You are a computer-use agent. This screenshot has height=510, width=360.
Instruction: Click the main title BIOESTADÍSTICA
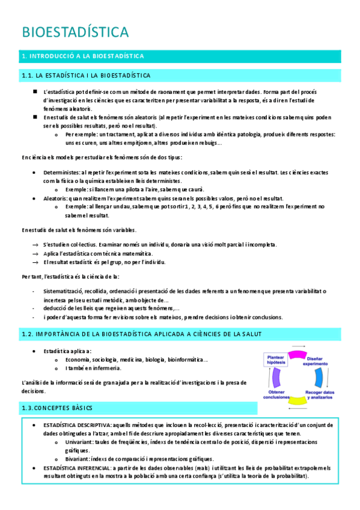pos(75,31)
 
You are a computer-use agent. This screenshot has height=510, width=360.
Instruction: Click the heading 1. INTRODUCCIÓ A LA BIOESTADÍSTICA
pos(82,57)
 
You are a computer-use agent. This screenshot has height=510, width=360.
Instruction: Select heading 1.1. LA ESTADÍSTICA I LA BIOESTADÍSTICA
pos(86,75)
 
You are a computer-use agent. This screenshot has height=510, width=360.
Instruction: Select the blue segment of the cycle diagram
pos(319,378)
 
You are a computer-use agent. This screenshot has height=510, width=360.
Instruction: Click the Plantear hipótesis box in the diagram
pos(276,358)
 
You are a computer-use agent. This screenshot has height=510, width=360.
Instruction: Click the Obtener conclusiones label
pos(277,395)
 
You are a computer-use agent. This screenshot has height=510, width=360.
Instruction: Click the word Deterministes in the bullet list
pos(61,173)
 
